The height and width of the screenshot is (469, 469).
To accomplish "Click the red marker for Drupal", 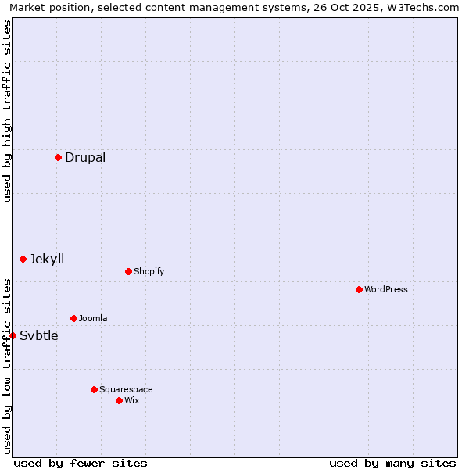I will click(x=58, y=157).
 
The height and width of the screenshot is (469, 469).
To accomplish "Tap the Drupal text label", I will click(x=85, y=157).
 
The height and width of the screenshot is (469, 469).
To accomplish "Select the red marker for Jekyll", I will click(x=23, y=259).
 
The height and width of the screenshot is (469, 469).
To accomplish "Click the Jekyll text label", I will click(x=47, y=259).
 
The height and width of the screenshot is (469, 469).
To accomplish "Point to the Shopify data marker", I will click(x=128, y=271).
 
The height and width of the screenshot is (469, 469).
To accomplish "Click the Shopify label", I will click(x=149, y=271).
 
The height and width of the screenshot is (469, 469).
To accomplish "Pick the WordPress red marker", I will click(x=359, y=289).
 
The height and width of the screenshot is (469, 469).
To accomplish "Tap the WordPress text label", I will click(x=385, y=289).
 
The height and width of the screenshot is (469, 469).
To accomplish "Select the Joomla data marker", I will click(x=73, y=318).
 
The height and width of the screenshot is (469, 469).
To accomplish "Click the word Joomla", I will click(x=93, y=318).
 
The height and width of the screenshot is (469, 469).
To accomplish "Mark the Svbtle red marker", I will click(x=13, y=335).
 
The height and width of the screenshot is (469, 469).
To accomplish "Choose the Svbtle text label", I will click(x=39, y=336).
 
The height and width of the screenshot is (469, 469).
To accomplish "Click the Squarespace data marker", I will click(x=94, y=389).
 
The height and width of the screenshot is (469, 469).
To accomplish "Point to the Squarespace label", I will click(x=126, y=389).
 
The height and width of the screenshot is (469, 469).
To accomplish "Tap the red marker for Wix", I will click(x=119, y=400).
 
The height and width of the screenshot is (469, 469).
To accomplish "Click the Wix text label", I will click(x=131, y=400).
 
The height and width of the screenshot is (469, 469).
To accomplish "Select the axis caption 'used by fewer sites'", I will click(x=81, y=463).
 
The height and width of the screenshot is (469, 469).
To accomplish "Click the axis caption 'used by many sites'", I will click(x=392, y=463).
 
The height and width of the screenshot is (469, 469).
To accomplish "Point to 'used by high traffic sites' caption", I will click(x=8, y=111).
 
